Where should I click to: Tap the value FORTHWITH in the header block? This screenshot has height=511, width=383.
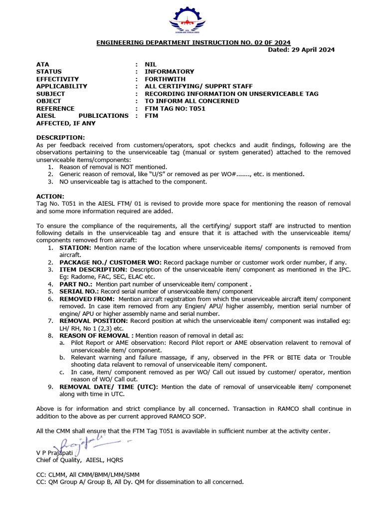tap(165, 79)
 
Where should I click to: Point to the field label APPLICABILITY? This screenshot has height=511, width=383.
tap(62, 86)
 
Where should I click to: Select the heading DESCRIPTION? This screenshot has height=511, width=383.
tap(61, 138)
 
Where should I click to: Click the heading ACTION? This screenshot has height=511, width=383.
tap(50, 196)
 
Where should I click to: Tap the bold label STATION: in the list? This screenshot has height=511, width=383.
tap(75, 248)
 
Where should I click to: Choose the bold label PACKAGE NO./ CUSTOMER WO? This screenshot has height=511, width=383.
tap(110, 262)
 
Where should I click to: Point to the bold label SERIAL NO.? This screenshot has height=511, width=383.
tap(79, 291)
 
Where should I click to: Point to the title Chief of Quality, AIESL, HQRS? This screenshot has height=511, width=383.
tap(80, 460)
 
